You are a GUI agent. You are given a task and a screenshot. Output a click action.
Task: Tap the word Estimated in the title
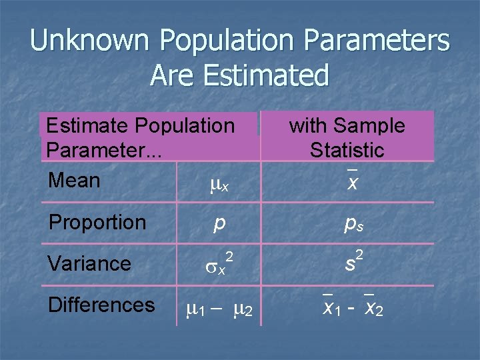(x=273, y=75)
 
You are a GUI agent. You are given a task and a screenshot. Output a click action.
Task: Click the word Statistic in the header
(x=347, y=149)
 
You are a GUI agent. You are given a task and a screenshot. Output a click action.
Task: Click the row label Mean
(x=74, y=180)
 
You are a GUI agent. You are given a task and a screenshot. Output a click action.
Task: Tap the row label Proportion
(x=97, y=222)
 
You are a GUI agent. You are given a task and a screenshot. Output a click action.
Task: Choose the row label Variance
(x=89, y=263)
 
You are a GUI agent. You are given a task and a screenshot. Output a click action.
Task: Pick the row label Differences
(x=101, y=305)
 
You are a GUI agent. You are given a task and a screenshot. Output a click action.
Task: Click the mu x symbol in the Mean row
(x=219, y=181)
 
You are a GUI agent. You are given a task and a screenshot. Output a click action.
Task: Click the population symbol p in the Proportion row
(x=219, y=223)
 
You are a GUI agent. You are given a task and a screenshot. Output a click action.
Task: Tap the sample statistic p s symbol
(x=353, y=224)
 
